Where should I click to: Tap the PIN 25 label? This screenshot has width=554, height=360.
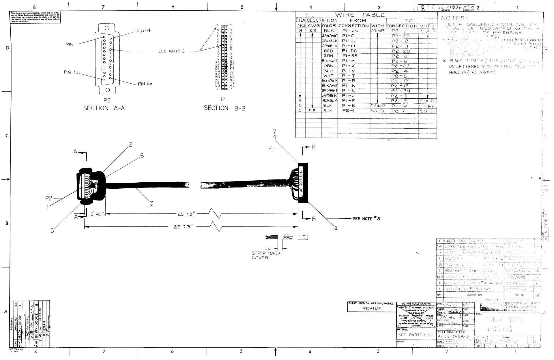click(x=145, y=84)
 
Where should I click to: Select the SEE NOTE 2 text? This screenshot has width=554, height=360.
click(x=172, y=51)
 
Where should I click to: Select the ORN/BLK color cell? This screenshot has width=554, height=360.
click(x=330, y=46)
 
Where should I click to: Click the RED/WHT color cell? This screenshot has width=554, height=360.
click(x=330, y=91)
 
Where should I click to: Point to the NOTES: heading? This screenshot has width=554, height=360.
click(x=453, y=18)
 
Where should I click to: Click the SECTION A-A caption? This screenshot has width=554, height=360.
click(x=104, y=108)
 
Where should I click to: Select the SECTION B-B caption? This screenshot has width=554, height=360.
click(x=224, y=108)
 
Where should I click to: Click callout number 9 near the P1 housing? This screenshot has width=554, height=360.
click(x=336, y=228)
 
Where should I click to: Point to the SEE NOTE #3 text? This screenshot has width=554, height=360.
click(x=366, y=219)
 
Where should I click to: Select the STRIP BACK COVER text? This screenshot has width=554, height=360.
click(x=266, y=255)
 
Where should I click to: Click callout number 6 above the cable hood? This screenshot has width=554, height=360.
click(x=142, y=156)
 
